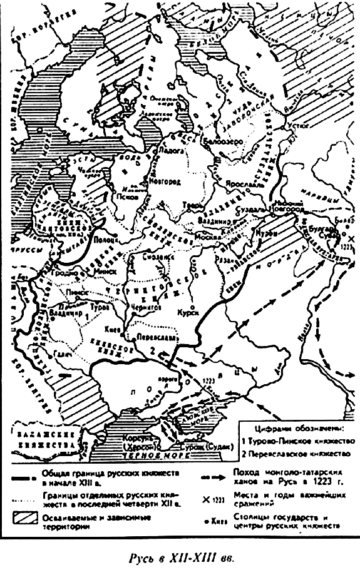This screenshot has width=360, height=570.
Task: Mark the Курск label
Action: (187, 311)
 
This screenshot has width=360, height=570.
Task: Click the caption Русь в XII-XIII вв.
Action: (180, 556)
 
